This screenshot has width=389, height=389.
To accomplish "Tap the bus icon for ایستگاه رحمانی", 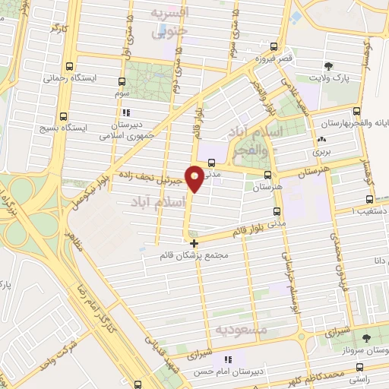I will point(71,66).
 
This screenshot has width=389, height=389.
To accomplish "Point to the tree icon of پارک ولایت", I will point(328,66).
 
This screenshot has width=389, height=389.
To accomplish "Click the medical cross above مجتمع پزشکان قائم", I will point(195,244).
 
